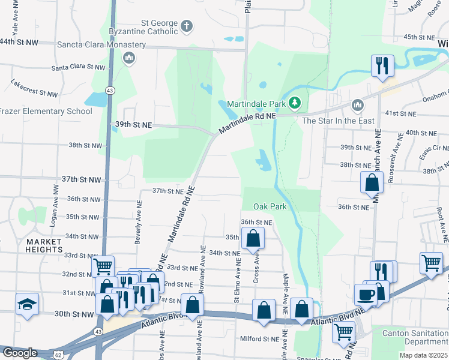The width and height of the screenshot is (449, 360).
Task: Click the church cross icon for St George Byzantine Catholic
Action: (x=187, y=26)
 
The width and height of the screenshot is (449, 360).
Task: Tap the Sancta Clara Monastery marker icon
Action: (x=127, y=58)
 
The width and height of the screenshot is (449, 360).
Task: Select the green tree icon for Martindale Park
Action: (x=294, y=104)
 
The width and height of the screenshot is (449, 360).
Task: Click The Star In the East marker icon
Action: (x=358, y=106)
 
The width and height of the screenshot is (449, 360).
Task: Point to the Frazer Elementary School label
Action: (x=46, y=111)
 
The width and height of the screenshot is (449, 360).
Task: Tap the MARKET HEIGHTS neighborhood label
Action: (x=44, y=245)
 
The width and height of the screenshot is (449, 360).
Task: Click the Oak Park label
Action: (x=270, y=206)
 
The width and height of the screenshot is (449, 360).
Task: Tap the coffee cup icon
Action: (x=366, y=294)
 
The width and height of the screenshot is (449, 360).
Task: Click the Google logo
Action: (x=20, y=353)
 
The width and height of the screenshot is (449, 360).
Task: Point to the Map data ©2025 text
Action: (x=423, y=355)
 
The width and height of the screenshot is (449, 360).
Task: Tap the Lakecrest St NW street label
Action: (x=34, y=93)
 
